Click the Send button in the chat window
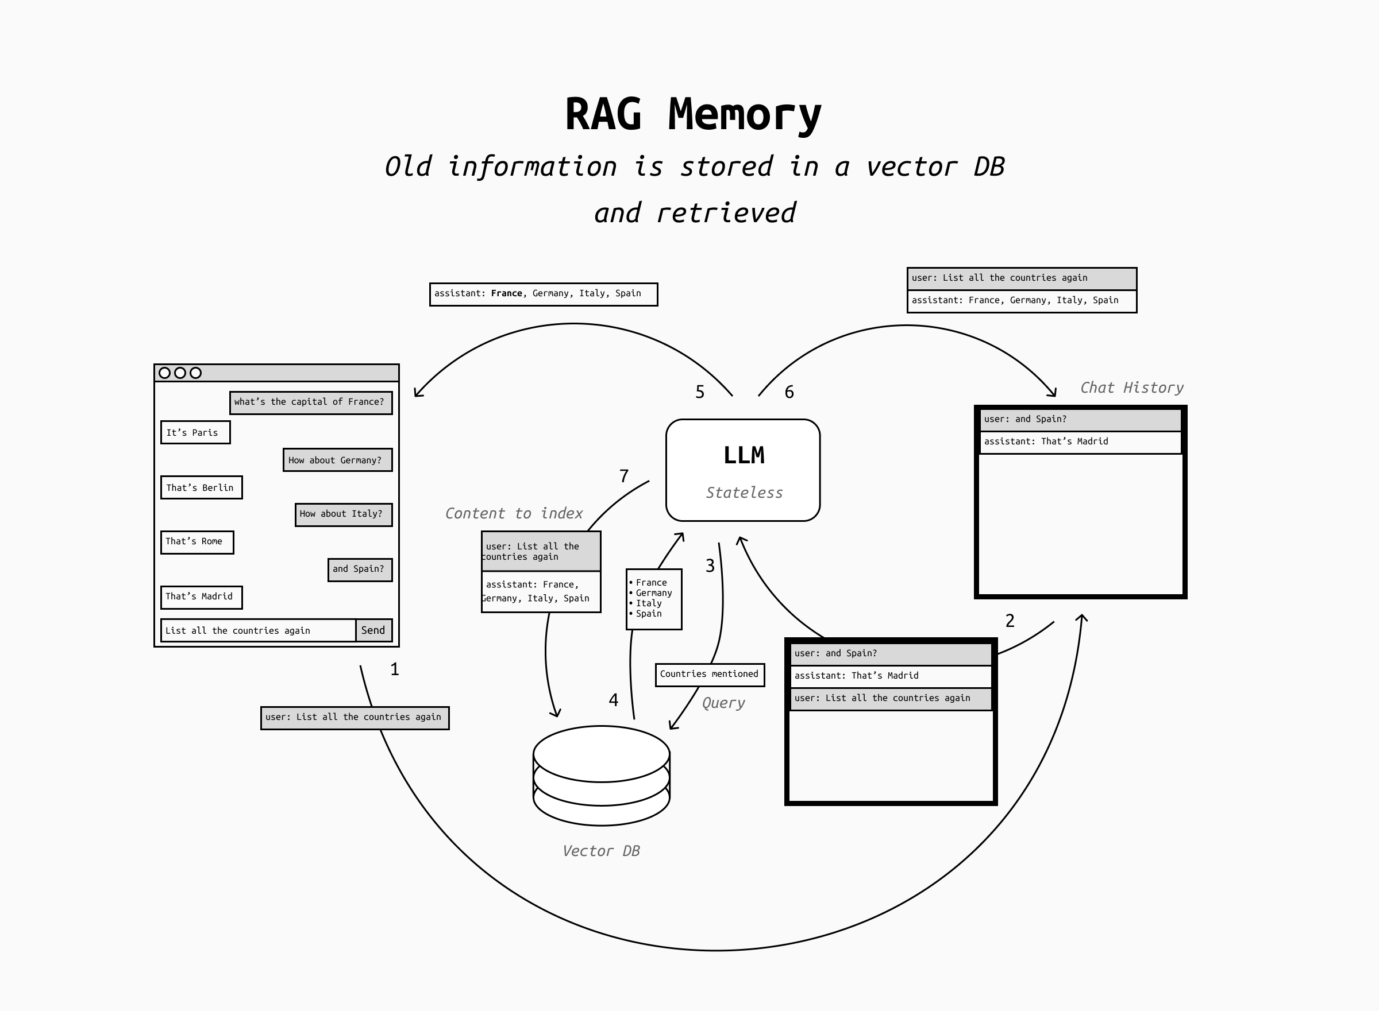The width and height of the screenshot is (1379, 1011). pos(373,630)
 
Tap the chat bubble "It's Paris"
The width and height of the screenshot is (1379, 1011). pos(195,433)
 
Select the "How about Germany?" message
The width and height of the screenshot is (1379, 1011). pos(337,460)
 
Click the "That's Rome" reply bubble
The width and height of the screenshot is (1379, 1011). pos(197,542)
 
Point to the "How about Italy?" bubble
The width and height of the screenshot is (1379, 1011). pos(343,514)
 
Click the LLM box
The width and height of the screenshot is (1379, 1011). pos(743,470)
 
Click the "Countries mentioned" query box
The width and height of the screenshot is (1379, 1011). pos(710,675)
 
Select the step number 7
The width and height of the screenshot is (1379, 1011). pos(624,476)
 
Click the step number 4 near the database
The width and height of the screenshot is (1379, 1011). pos(614,700)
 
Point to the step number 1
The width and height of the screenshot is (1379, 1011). pos(395,669)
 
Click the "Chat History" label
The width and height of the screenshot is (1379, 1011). pos(1131,388)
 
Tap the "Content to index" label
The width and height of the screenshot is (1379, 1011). pos(514,513)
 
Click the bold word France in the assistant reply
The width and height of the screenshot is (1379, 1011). pos(506,294)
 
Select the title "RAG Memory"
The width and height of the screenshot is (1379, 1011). pos(692,114)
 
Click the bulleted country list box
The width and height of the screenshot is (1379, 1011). pos(653,599)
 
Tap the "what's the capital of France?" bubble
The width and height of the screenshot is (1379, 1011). pos(310,402)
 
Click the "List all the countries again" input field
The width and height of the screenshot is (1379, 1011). pos(258,630)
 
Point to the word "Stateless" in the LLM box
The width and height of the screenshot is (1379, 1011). pos(744,493)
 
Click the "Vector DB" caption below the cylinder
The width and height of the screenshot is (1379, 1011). pos(600,851)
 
